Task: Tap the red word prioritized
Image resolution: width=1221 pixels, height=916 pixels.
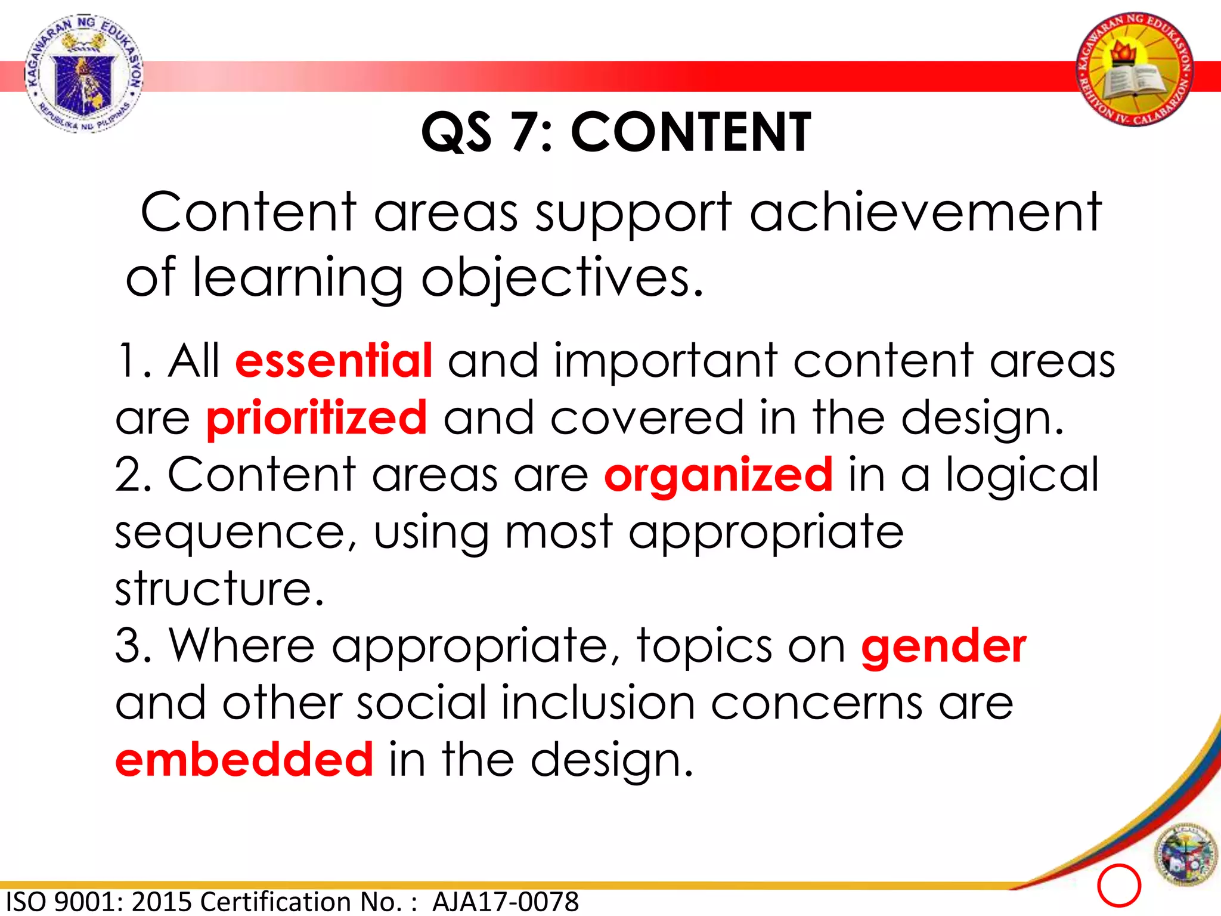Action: pos(317,419)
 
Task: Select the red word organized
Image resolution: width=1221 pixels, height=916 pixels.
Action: pos(718,475)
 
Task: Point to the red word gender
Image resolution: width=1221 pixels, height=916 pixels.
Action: pos(943,647)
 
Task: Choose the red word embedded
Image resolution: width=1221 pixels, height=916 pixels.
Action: pos(244,760)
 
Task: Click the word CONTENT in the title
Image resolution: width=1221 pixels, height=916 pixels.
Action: pos(690,132)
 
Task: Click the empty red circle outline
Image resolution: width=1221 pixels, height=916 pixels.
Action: pos(1118,885)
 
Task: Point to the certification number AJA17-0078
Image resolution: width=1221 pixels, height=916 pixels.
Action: pos(506,902)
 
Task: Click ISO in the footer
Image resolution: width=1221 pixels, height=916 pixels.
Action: pos(27,902)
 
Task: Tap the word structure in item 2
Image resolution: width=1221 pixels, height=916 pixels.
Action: pos(219,589)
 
